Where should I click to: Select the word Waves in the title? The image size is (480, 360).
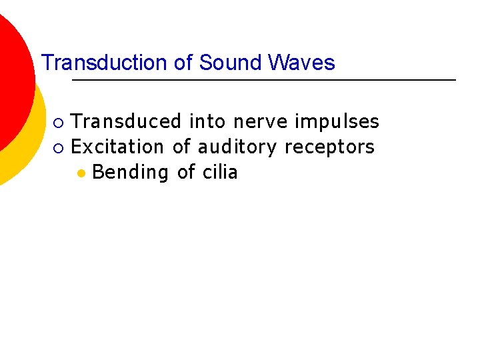click(x=301, y=63)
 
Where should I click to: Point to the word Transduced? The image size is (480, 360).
click(x=126, y=121)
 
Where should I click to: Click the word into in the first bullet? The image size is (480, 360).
click(x=207, y=121)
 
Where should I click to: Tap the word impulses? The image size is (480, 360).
click(x=337, y=121)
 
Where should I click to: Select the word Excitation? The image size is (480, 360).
click(x=117, y=146)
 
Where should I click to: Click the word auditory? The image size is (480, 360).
click(x=237, y=147)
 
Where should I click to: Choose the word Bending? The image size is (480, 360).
click(x=131, y=172)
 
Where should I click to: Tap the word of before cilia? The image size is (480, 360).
click(x=186, y=171)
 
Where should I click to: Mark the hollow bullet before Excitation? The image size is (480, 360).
click(x=59, y=147)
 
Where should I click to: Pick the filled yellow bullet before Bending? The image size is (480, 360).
click(x=81, y=173)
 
